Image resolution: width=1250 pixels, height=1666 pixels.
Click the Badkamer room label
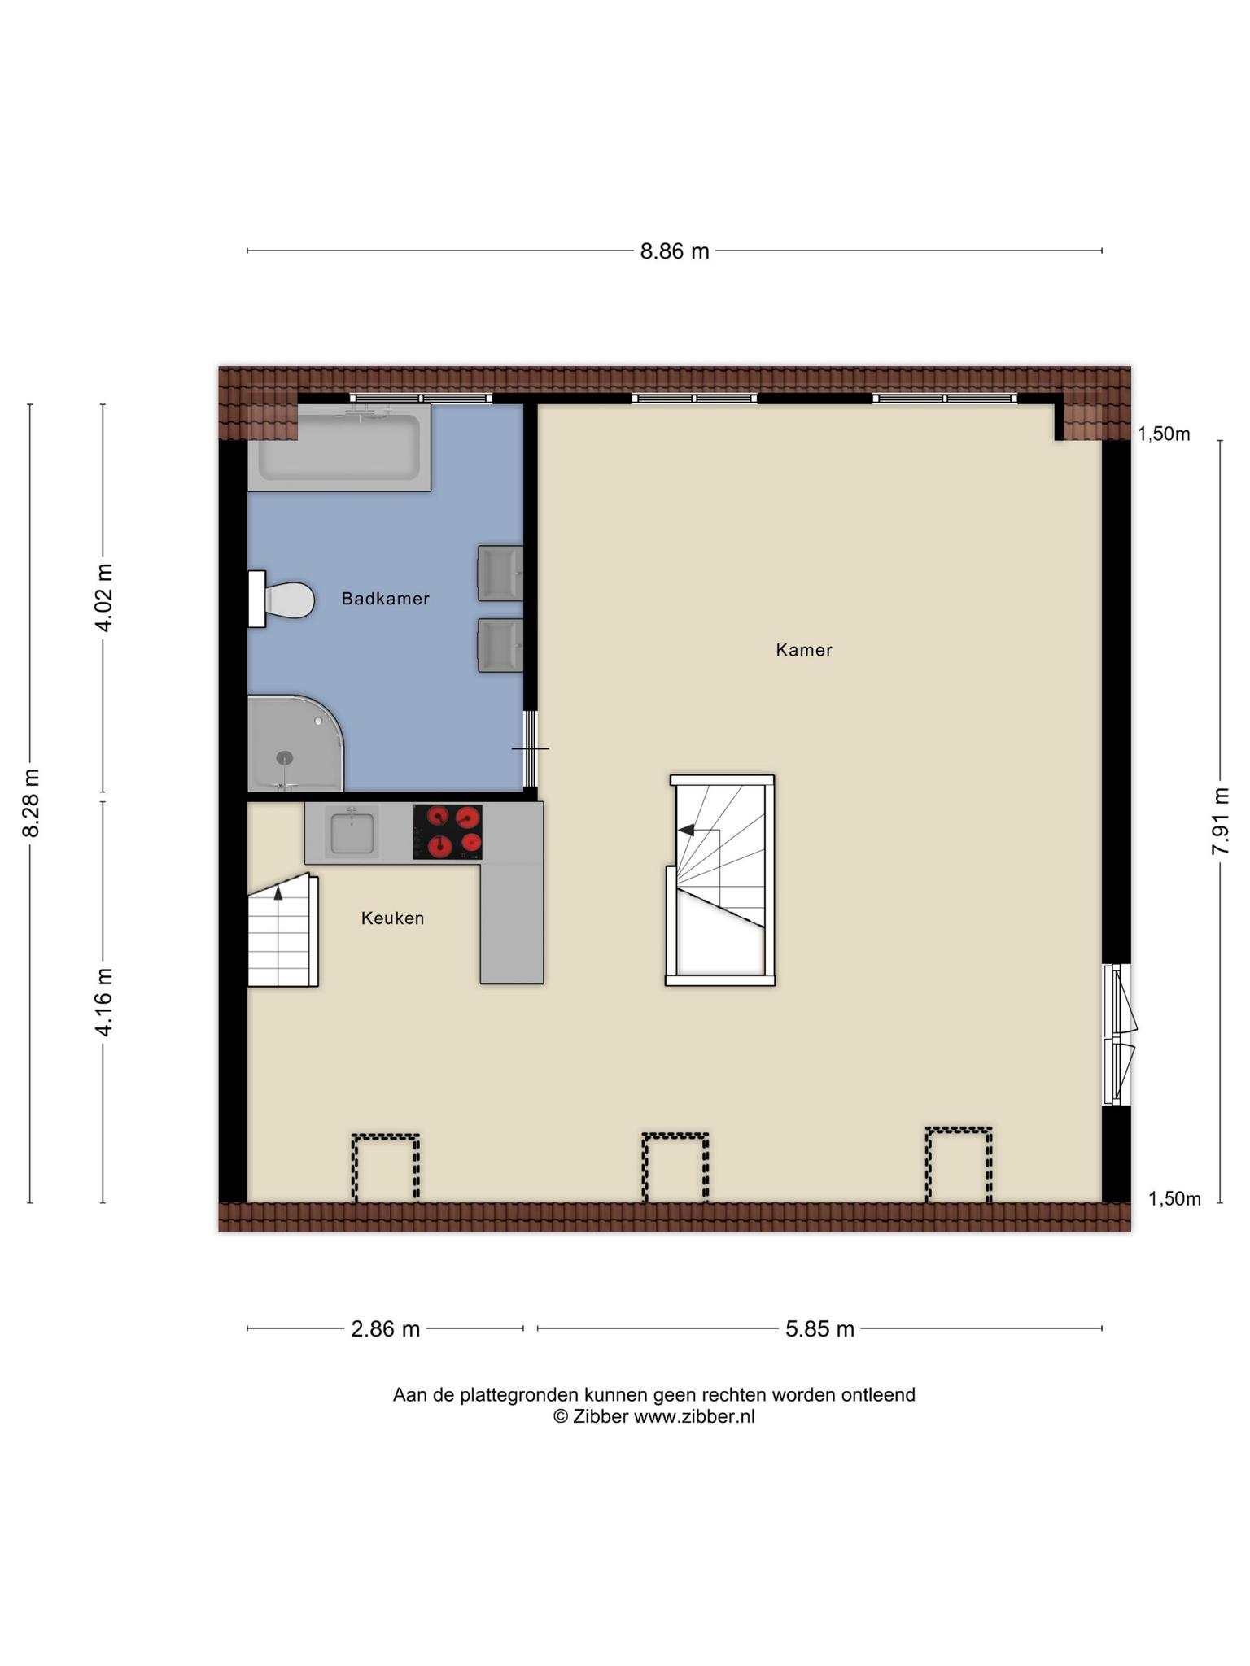pyautogui.click(x=385, y=599)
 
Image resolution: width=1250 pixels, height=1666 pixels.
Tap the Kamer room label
pyautogui.click(x=804, y=650)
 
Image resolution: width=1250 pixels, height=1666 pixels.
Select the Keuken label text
pyautogui.click(x=392, y=918)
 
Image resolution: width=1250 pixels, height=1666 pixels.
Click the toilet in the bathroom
pyautogui.click(x=282, y=600)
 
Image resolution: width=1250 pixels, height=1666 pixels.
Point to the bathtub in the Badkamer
pyautogui.click(x=339, y=448)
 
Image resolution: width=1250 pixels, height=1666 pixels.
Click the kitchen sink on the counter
pyautogui.click(x=352, y=831)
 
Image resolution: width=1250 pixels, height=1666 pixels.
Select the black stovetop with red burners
pyautogui.click(x=448, y=832)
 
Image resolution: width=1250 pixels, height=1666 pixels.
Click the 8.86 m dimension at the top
pyautogui.click(x=675, y=251)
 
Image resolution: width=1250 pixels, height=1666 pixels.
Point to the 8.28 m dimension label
pyautogui.click(x=31, y=803)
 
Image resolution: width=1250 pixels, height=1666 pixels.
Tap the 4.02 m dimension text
pyautogui.click(x=103, y=598)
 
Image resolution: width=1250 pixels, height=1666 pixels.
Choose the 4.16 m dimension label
pyautogui.click(x=103, y=1002)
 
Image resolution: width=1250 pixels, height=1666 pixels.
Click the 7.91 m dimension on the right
pyautogui.click(x=1221, y=820)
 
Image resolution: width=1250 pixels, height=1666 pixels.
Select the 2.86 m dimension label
pyautogui.click(x=385, y=1329)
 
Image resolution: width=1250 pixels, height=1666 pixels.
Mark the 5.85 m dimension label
pyautogui.click(x=819, y=1329)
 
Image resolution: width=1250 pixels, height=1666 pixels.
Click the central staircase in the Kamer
pyautogui.click(x=720, y=880)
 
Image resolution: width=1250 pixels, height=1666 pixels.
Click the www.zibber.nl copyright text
pyautogui.click(x=654, y=1416)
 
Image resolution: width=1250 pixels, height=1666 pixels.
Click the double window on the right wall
pyautogui.click(x=1117, y=1035)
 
